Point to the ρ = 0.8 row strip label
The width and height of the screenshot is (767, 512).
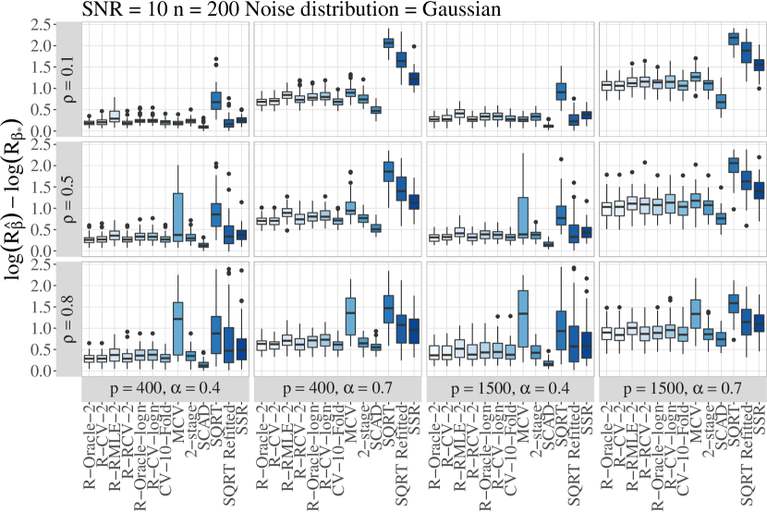[68, 319]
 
